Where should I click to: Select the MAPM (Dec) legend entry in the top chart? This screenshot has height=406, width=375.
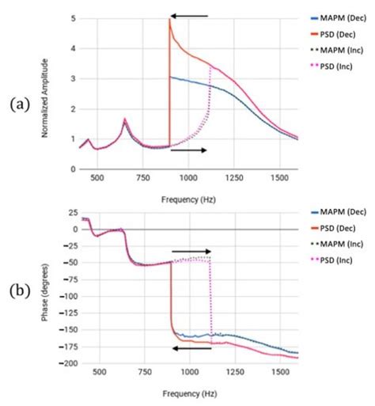click(339, 16)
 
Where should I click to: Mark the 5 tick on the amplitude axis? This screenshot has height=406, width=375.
click(74, 18)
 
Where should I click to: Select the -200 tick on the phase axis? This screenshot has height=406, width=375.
click(69, 362)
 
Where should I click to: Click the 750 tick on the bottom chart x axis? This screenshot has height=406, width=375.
click(143, 372)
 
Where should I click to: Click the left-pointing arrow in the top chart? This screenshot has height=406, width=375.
click(190, 15)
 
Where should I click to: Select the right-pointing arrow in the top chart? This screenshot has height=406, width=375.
click(188, 150)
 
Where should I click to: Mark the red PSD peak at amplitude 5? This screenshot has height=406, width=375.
click(170, 20)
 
